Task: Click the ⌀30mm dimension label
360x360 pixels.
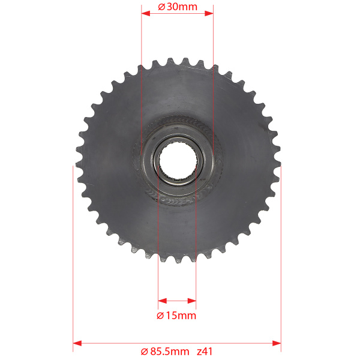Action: point(178,7)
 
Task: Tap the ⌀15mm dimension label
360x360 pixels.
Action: point(176,316)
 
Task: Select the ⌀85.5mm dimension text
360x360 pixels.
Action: point(165,352)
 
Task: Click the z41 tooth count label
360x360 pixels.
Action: point(205,352)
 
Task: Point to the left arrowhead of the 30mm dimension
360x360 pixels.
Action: point(146,13)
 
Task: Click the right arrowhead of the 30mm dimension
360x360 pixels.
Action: point(209,13)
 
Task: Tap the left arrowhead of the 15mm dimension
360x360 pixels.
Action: point(163,301)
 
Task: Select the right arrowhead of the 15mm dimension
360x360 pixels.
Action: point(192,301)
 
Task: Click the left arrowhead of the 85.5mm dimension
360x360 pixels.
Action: point(77,343)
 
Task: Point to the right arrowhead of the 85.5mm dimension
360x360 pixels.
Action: point(277,343)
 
